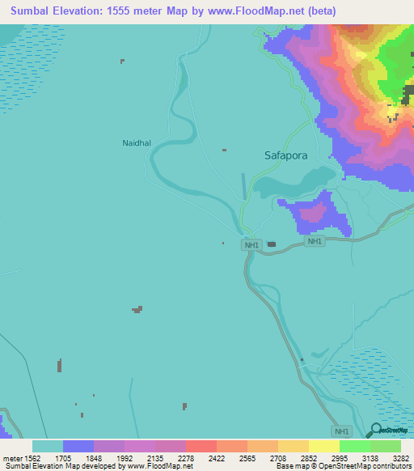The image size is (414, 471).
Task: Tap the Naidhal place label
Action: pos(137,142)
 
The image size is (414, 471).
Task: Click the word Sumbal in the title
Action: pos(28,11)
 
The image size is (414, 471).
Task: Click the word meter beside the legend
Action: pos(12,459)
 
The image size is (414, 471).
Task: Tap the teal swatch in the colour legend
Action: pos(48,446)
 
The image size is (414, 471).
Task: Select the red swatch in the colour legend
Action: pos(201,446)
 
